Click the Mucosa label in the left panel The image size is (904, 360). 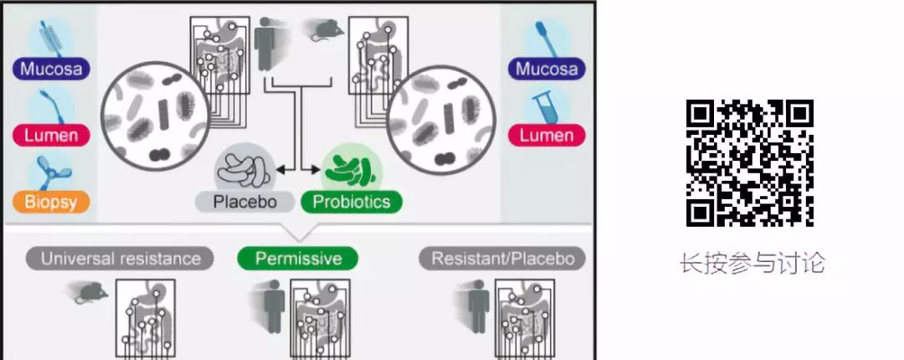click(x=52, y=68)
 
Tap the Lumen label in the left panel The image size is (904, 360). click(x=52, y=135)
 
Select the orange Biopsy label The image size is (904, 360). click(x=52, y=201)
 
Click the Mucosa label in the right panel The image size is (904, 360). click(x=547, y=68)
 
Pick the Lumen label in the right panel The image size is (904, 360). click(x=547, y=135)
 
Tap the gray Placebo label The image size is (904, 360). click(x=244, y=201)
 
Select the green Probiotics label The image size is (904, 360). click(x=351, y=201)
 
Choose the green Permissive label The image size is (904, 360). click(x=297, y=258)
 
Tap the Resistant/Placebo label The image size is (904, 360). click(x=502, y=258)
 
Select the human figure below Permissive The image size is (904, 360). click(x=274, y=306)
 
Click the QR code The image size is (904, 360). click(x=750, y=163)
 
